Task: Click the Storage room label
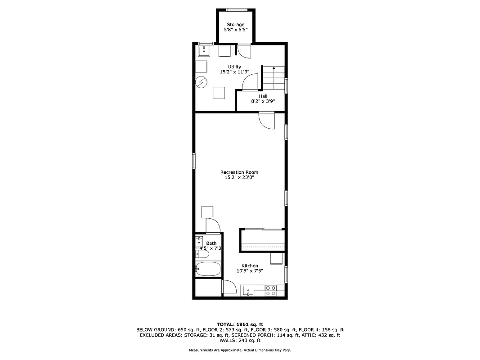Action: point(235,25)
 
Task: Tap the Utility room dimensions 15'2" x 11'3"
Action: point(234,72)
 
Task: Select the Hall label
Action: point(263,96)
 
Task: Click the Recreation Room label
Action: point(239,172)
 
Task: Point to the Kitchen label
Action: point(250,266)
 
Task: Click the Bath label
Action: point(211,243)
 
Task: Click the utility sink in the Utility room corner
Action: point(205,50)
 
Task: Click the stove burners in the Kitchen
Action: point(271,290)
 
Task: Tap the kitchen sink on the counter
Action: point(248,291)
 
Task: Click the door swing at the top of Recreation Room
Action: point(266,121)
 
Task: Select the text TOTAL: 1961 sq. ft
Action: point(240,324)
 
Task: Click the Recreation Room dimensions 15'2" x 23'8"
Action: point(239,178)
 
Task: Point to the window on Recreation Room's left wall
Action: point(194,160)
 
